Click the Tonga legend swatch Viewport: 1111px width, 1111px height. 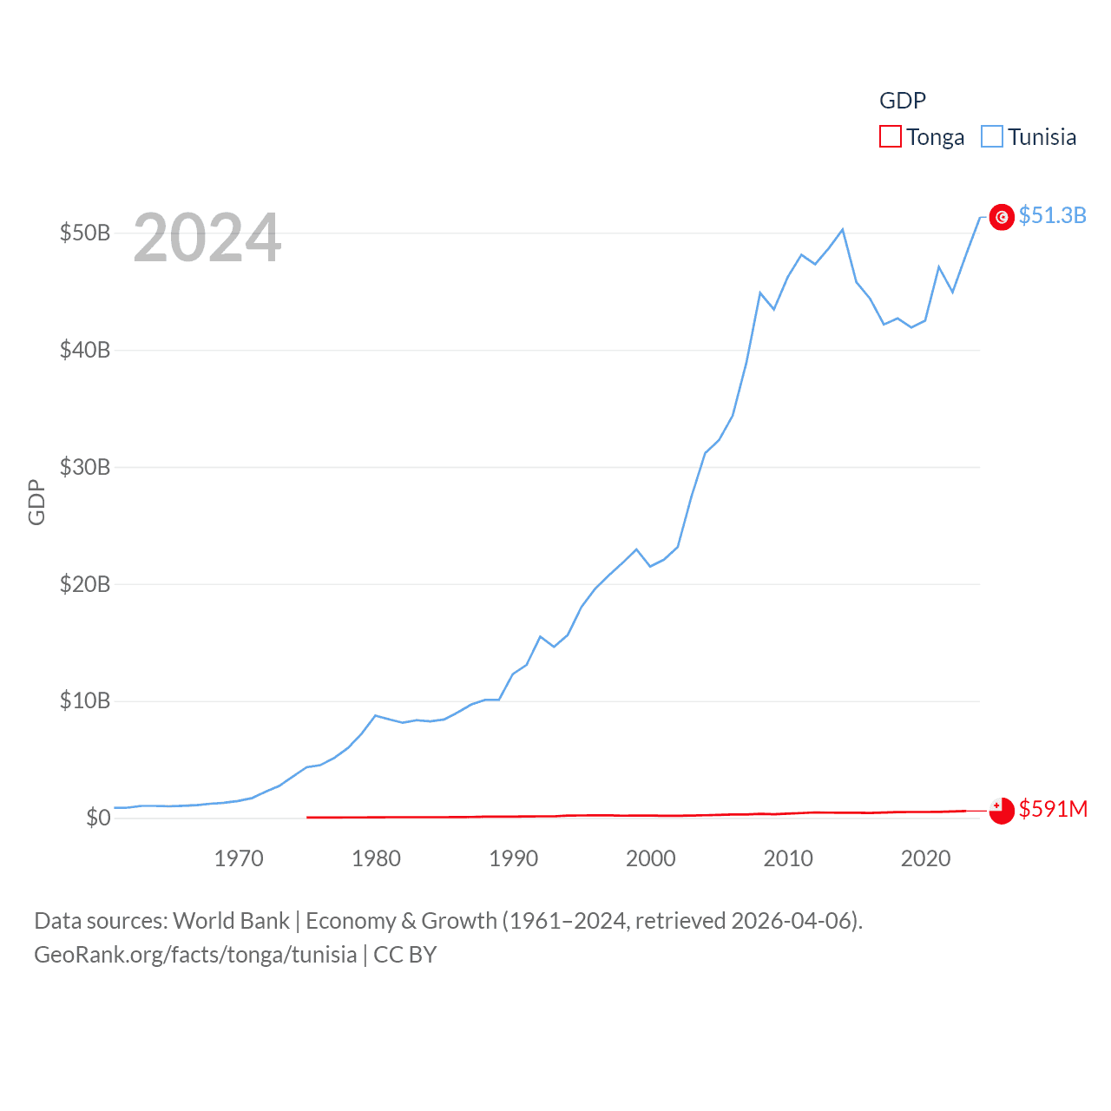coord(891,137)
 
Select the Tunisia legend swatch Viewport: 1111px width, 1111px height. coord(992,137)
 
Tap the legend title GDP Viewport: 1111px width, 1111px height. coord(903,101)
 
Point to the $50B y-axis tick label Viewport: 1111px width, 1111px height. coord(85,233)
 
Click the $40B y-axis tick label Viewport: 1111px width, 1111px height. coord(85,350)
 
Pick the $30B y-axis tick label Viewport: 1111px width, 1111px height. coord(85,467)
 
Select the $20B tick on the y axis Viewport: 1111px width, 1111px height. coord(85,584)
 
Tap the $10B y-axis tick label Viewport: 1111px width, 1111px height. coord(85,700)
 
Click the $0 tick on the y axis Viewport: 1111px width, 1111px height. coord(98,818)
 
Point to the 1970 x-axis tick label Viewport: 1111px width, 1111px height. coord(239,858)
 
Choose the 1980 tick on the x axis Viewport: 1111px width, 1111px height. coord(376,858)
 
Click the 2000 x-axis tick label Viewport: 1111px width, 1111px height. coord(651,858)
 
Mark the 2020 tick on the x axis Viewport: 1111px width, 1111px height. coord(925,858)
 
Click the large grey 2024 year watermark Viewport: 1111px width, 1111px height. coord(207,238)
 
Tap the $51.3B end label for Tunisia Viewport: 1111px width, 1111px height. coord(1052,215)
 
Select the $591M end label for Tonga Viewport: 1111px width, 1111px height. coord(1053,809)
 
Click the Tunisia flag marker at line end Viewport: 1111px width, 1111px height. coord(1002,217)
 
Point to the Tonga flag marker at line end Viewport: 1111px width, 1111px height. coord(1002,811)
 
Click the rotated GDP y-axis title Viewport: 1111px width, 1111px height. coord(36,502)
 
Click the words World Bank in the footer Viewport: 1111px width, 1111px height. coord(231,920)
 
